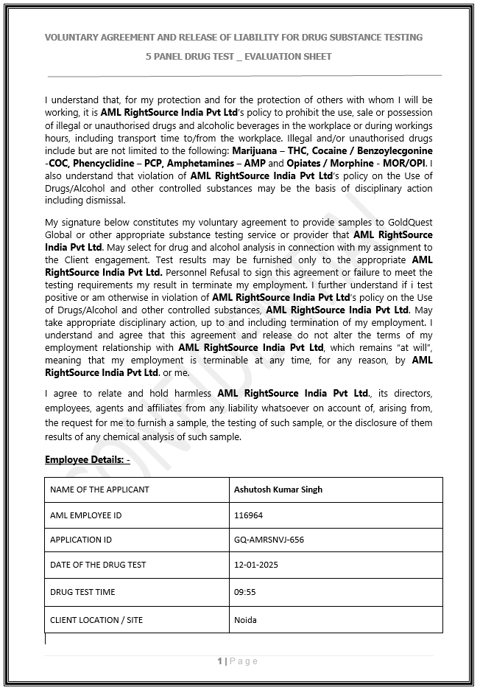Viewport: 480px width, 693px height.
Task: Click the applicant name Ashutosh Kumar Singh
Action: pyautogui.click(x=278, y=490)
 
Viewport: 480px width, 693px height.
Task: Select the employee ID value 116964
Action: pyautogui.click(x=248, y=515)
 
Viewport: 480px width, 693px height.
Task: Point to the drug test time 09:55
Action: pyautogui.click(x=244, y=592)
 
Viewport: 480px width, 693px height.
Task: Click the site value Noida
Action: pyautogui.click(x=245, y=620)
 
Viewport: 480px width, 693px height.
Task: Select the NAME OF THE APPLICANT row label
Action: pyautogui.click(x=99, y=490)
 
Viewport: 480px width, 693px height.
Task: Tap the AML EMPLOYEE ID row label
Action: pyautogui.click(x=85, y=515)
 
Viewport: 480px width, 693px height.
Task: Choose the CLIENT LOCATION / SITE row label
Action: pyautogui.click(x=96, y=620)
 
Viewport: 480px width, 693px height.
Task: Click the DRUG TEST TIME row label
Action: pyautogui.click(x=82, y=592)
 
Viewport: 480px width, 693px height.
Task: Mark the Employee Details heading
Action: pyautogui.click(x=87, y=460)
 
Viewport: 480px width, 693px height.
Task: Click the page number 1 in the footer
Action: pyautogui.click(x=219, y=661)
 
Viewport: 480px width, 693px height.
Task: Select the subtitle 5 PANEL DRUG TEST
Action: pyautogui.click(x=190, y=56)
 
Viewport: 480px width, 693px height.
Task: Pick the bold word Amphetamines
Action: pyautogui.click(x=209, y=162)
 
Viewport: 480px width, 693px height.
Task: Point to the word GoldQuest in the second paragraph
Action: pyautogui.click(x=409, y=223)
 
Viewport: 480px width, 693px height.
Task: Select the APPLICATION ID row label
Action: pyautogui.click(x=81, y=540)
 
